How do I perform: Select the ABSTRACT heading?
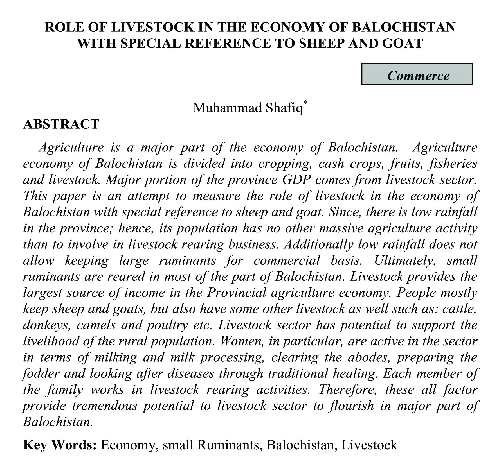[x=61, y=124]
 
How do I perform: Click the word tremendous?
[x=105, y=406]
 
